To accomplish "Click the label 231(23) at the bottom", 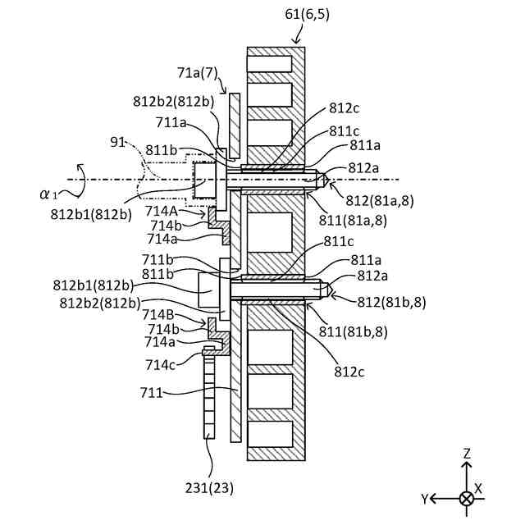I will pyautogui.click(x=210, y=488).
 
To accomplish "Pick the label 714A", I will pyautogui.click(x=161, y=211).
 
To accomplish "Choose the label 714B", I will pyautogui.click(x=157, y=313).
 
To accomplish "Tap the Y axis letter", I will pyautogui.click(x=426, y=499).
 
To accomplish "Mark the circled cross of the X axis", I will pyautogui.click(x=467, y=499).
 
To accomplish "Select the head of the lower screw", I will pyautogui.click(x=210, y=288).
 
